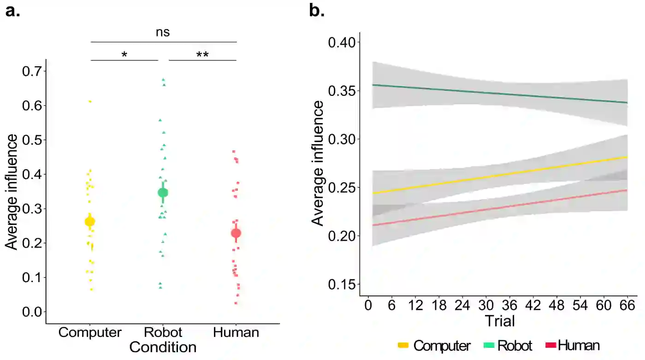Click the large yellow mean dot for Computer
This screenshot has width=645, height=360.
pos(90,222)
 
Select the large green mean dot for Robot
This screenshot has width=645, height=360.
pos(163,192)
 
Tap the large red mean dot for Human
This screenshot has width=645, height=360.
pos(236,233)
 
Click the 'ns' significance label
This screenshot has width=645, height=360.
pos(162,32)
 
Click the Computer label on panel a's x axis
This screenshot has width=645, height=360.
pos(90,332)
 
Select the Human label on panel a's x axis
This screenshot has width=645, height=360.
pos(236,332)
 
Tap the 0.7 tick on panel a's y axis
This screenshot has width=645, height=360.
pos(31,71)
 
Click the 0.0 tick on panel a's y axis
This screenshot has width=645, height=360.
pos(31,312)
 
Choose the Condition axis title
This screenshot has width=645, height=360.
pos(163,347)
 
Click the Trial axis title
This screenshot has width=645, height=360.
pos(500,320)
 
